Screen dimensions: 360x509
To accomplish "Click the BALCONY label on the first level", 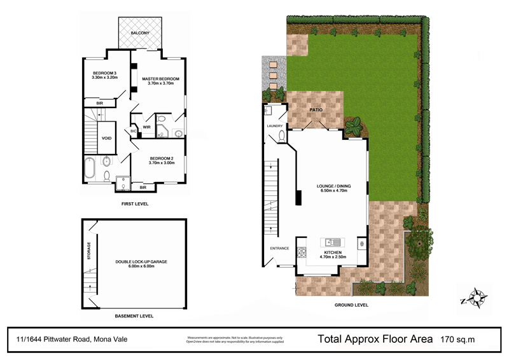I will (140, 32).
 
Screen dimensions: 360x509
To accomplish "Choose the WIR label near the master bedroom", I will (146, 127).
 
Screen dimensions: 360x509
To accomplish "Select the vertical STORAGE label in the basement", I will (89, 251).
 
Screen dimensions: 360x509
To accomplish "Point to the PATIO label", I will (316, 110).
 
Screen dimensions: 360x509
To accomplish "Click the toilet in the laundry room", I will (282, 135).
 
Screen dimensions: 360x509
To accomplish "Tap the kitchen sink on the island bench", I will (333, 242).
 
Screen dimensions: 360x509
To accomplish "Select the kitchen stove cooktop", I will (361, 243).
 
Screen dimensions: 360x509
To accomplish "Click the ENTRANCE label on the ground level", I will (280, 248).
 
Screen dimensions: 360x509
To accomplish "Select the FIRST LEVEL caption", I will (134, 205).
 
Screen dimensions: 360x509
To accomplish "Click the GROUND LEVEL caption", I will (351, 305).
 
